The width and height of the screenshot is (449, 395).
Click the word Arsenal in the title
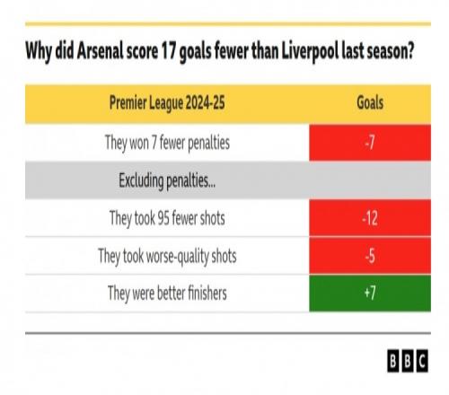(100, 51)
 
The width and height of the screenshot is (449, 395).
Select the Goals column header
(370, 103)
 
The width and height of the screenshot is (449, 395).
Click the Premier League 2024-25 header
(167, 103)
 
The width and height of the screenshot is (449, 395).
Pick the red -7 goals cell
(370, 143)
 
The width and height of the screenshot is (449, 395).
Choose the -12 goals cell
(370, 218)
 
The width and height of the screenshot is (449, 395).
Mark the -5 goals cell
(370, 256)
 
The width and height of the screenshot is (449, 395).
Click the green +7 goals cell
(370, 294)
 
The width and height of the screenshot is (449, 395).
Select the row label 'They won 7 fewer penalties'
(167, 143)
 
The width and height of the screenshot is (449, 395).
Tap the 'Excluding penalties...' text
(167, 181)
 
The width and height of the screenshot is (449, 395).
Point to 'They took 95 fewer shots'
(167, 218)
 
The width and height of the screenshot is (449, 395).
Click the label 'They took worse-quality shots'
(167, 257)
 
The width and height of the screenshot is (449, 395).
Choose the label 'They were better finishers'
(167, 293)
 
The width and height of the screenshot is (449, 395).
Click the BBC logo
(408, 361)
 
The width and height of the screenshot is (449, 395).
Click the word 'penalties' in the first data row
(208, 144)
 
